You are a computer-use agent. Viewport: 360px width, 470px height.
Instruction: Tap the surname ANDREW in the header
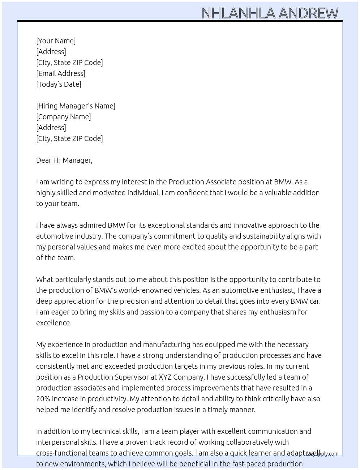[x=308, y=13]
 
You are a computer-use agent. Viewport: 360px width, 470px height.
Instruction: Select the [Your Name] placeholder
[x=56, y=41]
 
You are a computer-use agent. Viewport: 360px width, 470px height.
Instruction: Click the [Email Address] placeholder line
[x=61, y=73]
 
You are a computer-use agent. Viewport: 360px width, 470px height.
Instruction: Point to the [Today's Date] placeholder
[x=59, y=84]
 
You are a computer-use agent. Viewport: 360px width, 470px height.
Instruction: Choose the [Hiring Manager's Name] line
[x=76, y=106]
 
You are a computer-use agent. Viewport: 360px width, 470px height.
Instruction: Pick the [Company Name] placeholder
[x=64, y=117]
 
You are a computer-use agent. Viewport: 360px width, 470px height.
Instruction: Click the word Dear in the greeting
[x=44, y=160]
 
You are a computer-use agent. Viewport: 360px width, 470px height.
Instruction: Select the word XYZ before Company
[x=166, y=377]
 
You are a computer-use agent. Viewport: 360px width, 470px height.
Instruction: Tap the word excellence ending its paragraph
[x=53, y=323]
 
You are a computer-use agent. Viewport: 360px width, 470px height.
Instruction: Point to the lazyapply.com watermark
[x=322, y=454]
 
